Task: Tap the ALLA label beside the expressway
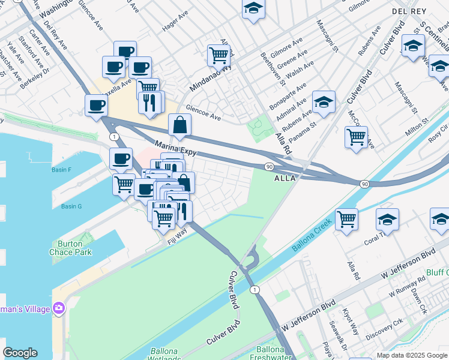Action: tap(285, 178)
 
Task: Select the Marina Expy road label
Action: tap(176, 148)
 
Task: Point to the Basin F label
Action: tap(61, 170)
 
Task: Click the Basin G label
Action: tap(71, 206)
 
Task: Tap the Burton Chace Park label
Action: tap(70, 248)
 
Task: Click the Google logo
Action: tap(20, 353)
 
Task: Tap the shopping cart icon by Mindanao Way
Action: tap(218, 55)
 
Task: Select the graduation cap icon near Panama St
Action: tap(324, 102)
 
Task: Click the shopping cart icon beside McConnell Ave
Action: tap(356, 137)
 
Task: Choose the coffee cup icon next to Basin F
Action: tap(121, 160)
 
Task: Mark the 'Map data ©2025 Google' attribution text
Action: tap(411, 355)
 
